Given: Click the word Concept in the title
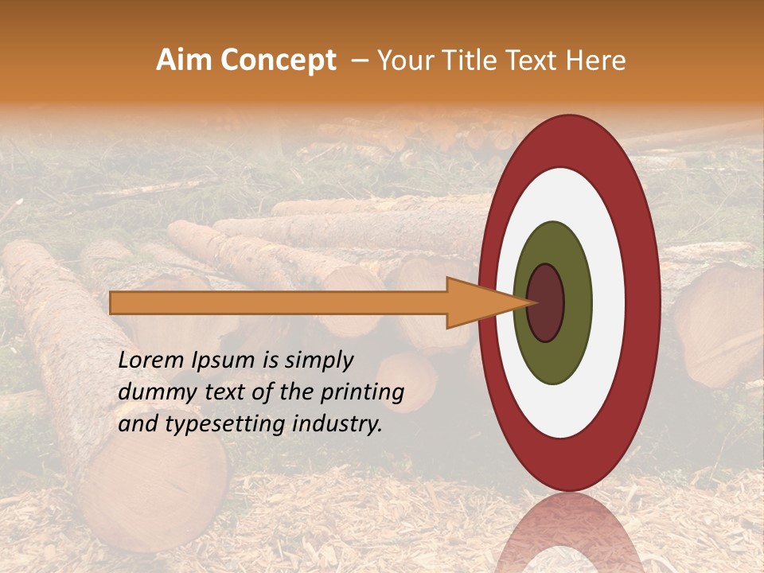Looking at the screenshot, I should click(x=278, y=60).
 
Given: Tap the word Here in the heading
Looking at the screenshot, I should click(x=596, y=60).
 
